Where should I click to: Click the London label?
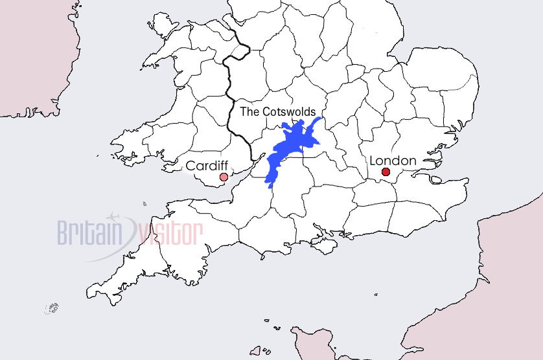tap(393, 160)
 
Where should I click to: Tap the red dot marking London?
tap(386, 172)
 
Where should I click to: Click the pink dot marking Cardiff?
tap(224, 177)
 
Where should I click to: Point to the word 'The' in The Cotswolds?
tap(249, 111)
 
